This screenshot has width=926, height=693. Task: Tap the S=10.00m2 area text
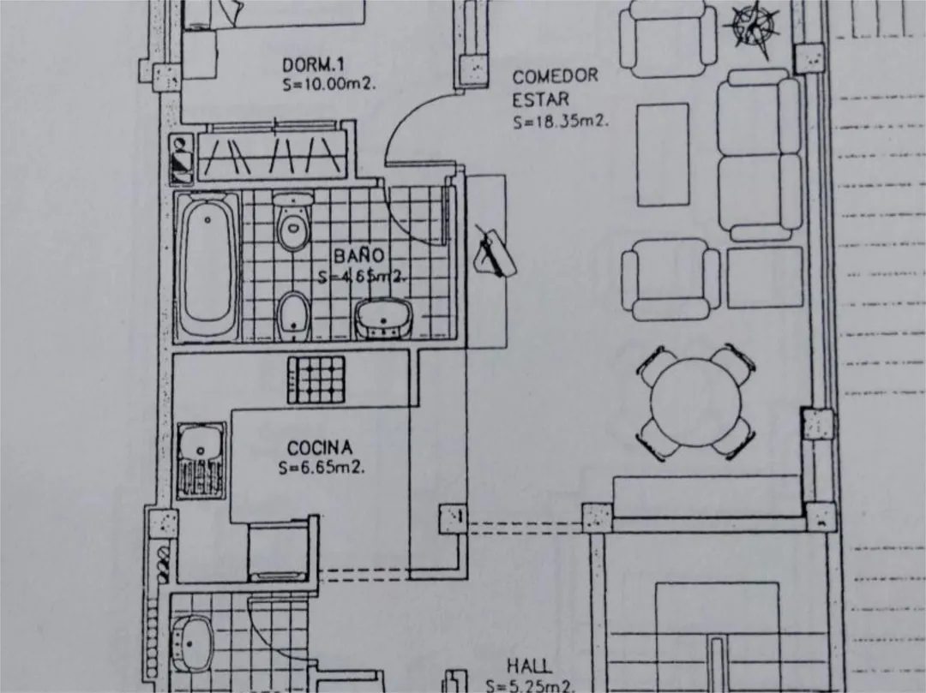click(x=329, y=84)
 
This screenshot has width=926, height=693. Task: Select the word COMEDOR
click(x=555, y=76)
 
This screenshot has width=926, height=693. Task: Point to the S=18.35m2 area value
click(x=561, y=122)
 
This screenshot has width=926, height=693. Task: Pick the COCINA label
click(x=320, y=448)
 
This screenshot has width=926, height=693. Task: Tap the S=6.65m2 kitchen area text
click(x=322, y=468)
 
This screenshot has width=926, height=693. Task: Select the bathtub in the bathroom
click(x=208, y=266)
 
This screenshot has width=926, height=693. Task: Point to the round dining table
click(x=695, y=403)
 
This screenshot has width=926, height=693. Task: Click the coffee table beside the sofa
click(x=663, y=155)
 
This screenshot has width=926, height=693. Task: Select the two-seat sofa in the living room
click(x=759, y=155)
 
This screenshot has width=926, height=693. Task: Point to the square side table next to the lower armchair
click(x=765, y=277)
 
